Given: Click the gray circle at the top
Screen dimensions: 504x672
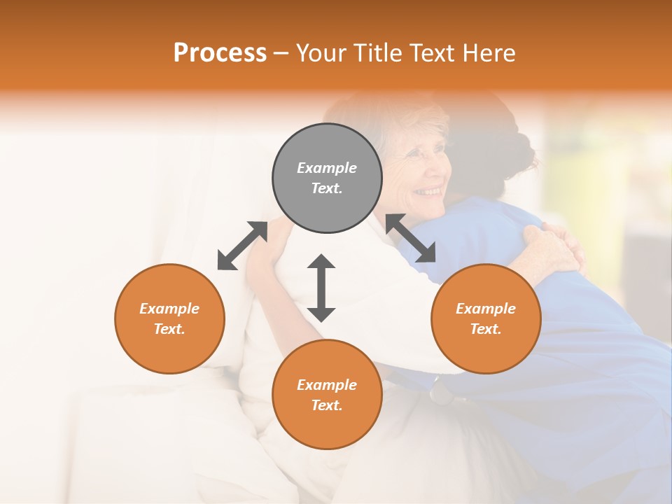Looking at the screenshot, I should [327, 178].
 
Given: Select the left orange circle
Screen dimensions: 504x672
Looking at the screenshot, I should [169, 318].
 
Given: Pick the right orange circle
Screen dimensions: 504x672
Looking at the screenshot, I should [486, 318].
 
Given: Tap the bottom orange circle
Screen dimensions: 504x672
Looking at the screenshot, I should [327, 395].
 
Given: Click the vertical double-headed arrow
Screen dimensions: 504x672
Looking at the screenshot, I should [321, 288].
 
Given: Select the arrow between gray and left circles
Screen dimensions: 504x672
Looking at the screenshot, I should [242, 246].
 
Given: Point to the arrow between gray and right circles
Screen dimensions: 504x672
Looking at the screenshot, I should [410, 239].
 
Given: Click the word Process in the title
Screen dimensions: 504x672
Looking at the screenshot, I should [220, 52].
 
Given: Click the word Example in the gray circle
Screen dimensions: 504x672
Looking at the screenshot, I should [327, 168].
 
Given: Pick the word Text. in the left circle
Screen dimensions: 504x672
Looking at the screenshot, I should [169, 329].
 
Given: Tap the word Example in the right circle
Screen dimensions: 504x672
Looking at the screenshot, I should [486, 309].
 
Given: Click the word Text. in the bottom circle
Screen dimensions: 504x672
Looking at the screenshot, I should [327, 405].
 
